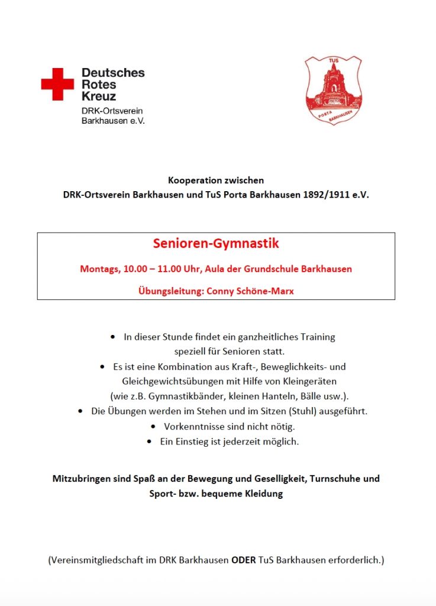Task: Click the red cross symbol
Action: click(x=57, y=84)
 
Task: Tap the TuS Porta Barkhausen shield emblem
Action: click(x=333, y=90)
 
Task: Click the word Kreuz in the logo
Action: click(x=98, y=96)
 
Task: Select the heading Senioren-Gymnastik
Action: click(x=216, y=243)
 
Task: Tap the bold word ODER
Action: click(x=243, y=560)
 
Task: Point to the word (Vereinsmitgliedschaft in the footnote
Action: click(x=97, y=560)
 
